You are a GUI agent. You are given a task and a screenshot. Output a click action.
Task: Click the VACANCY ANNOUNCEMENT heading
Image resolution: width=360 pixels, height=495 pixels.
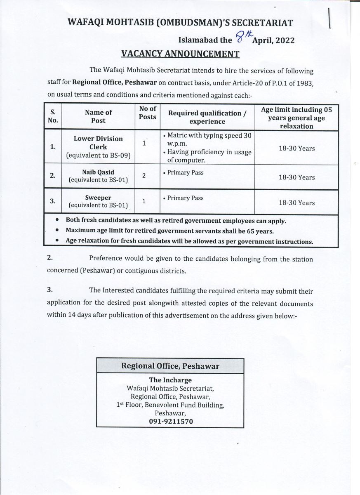click(x=180, y=53)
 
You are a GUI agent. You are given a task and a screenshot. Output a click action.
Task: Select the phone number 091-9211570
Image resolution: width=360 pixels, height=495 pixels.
click(x=170, y=421)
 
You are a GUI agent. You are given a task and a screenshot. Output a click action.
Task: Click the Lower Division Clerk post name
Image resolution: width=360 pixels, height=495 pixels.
click(x=98, y=143)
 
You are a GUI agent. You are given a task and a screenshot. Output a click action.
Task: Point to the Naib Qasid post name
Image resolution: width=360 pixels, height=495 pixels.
click(x=98, y=172)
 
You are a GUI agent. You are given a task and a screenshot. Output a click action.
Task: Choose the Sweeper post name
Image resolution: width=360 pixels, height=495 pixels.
click(x=98, y=198)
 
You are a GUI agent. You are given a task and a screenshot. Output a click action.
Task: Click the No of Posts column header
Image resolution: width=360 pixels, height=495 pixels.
click(x=147, y=113)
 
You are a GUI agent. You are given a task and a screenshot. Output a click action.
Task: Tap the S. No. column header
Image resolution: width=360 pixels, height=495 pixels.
click(x=53, y=116)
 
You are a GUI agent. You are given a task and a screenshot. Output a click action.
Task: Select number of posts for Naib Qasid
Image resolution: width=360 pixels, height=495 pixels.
click(x=144, y=176)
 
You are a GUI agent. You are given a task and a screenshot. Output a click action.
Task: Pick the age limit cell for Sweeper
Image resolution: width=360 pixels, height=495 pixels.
click(x=296, y=203)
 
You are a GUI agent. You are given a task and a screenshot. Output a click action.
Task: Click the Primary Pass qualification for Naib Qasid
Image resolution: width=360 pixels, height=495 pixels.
click(x=185, y=172)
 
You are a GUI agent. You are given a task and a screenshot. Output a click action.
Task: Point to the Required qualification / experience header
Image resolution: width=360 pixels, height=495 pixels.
click(x=207, y=117)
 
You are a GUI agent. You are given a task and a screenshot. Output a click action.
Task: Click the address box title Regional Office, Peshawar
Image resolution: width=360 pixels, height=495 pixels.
click(x=170, y=366)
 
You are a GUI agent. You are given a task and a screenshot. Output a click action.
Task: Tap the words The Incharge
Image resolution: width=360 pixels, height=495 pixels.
click(x=170, y=380)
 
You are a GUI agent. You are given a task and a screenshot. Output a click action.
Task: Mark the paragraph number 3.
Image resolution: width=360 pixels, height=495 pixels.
click(x=50, y=290)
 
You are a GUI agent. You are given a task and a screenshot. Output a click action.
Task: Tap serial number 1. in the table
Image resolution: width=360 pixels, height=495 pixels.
click(x=53, y=146)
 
